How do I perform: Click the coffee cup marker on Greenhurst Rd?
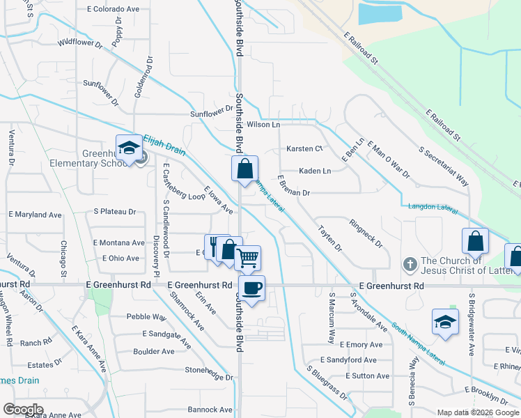[251, 288]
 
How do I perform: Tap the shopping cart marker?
[248, 258]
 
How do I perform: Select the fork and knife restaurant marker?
[216, 246]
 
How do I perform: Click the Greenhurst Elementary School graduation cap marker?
[128, 148]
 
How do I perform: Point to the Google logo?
[22, 410]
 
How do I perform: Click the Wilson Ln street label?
[263, 125]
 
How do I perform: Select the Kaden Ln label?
[314, 171]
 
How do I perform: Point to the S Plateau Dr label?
[115, 211]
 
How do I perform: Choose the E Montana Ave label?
[118, 242]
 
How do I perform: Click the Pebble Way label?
[146, 316]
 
